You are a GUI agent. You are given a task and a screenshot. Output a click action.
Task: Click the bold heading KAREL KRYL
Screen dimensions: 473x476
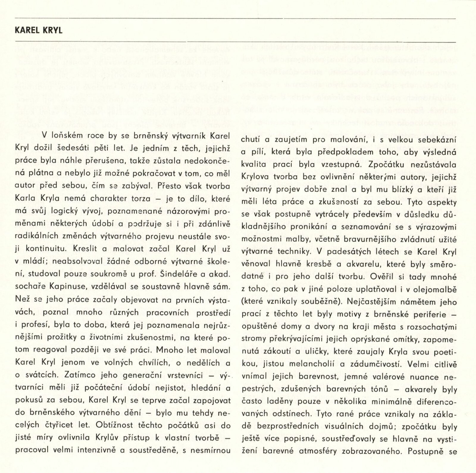tap(39, 31)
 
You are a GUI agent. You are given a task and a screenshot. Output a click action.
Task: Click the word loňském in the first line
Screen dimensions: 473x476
tap(66, 136)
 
